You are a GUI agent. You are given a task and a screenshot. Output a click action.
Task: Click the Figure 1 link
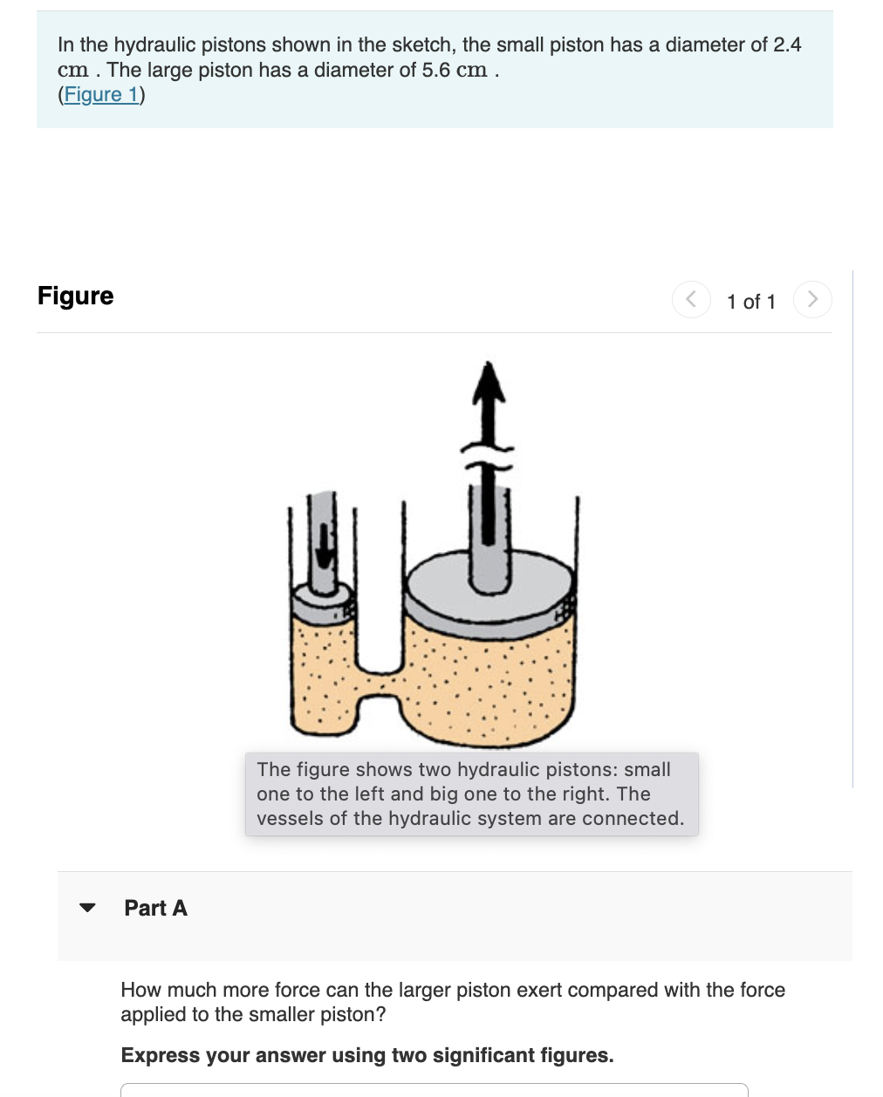[101, 94]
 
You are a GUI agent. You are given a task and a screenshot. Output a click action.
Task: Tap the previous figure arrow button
[691, 299]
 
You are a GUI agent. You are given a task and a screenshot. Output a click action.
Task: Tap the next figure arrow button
[812, 299]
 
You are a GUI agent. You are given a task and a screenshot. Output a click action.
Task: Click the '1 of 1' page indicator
[750, 302]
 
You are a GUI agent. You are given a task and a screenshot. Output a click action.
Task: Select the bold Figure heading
[76, 296]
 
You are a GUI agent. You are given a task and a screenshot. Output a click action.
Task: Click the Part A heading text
[155, 908]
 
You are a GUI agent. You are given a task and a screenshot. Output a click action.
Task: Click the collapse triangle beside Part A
[87, 908]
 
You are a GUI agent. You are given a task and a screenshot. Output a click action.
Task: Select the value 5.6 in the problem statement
[436, 70]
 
